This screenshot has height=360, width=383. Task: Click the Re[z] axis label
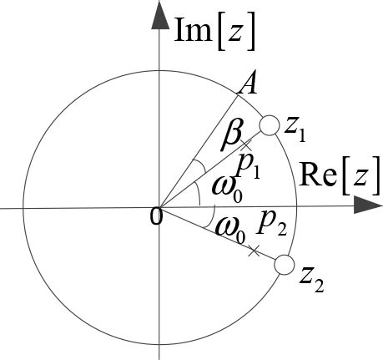(x=331, y=178)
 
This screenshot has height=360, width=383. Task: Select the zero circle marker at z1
(x=269, y=126)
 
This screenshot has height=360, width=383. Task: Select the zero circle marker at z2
(x=284, y=266)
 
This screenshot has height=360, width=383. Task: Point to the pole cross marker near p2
(x=254, y=250)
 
